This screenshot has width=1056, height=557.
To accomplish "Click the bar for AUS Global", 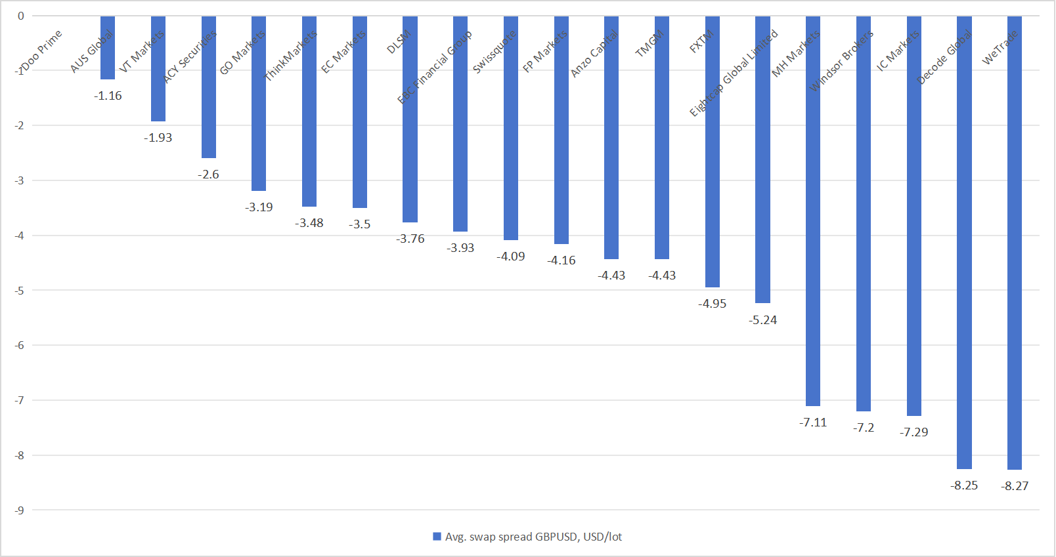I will (x=108, y=48).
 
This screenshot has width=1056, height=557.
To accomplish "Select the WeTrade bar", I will (x=1015, y=243).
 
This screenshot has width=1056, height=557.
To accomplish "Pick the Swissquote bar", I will (x=511, y=129).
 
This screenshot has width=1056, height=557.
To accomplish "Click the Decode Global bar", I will (x=964, y=243).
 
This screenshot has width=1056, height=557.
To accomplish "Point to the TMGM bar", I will (x=662, y=138).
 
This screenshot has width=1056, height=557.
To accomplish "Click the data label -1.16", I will (x=108, y=96).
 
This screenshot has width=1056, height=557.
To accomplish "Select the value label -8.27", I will (x=1015, y=486).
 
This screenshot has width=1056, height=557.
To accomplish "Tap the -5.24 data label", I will (x=762, y=320).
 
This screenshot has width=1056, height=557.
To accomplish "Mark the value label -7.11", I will (x=813, y=423).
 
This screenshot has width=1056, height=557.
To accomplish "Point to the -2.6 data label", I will (x=208, y=175).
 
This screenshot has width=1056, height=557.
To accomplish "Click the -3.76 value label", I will (x=410, y=239).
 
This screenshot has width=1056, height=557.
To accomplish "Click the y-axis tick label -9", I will (x=20, y=510).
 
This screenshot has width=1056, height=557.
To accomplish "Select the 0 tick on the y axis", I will (x=21, y=16).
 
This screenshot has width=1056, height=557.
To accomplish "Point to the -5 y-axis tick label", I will (x=20, y=291).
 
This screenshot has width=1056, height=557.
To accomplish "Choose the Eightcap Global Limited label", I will (x=733, y=73).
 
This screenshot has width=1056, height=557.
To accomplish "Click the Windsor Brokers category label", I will (x=841, y=61).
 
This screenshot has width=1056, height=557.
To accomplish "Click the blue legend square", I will (x=437, y=537).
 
